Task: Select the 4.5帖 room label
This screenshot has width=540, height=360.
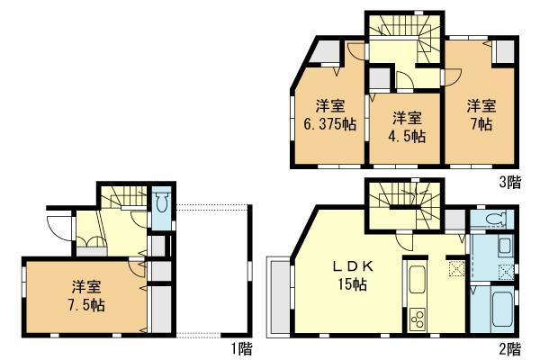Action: click(x=407, y=138)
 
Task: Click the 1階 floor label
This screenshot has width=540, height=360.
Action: click(x=240, y=347)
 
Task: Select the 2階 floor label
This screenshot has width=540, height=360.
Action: click(x=509, y=347)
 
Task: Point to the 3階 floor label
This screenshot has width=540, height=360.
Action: click(x=509, y=183)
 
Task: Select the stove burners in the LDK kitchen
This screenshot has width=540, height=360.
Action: click(x=418, y=317)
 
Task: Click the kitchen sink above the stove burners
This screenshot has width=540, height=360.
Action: click(x=418, y=282)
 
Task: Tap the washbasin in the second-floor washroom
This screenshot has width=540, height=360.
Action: click(x=504, y=246)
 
